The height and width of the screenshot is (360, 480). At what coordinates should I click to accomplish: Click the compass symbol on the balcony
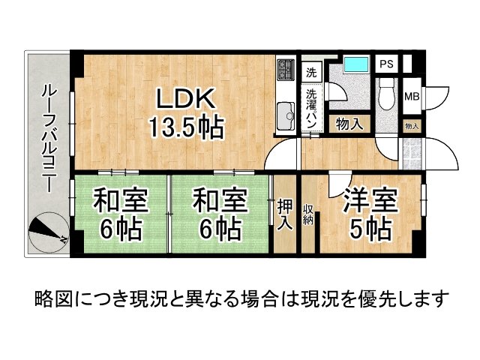[46, 232]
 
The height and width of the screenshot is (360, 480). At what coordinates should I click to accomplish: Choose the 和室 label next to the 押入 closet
[220, 200]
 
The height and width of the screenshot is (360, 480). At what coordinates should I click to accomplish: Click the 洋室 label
[370, 200]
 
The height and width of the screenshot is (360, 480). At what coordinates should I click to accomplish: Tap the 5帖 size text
[370, 229]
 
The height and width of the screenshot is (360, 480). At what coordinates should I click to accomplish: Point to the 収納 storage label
[308, 214]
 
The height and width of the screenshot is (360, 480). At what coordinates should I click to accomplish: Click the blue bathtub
[351, 66]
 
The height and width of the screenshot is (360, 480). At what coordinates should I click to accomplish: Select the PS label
[385, 64]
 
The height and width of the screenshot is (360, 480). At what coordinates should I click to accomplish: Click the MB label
[412, 97]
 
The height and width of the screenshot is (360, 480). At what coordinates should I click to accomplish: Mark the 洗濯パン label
[312, 107]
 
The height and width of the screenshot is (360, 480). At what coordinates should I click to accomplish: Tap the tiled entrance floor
[412, 152]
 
